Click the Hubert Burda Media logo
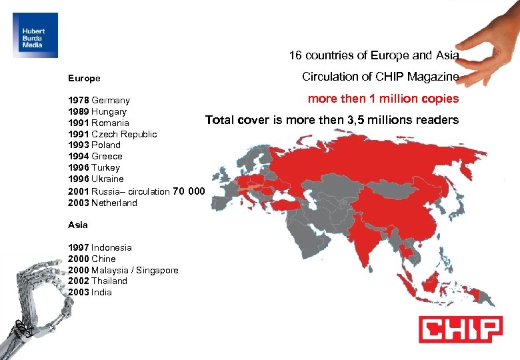pos(35,35)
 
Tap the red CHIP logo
pos(460,329)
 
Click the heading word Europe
pos(84,78)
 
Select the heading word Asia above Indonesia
pos(77,225)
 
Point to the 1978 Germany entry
pos(99,101)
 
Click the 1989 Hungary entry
pos(97,111)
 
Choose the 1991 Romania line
pos(99,123)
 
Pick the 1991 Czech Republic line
pos(113,134)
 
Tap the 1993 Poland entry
pos(94,145)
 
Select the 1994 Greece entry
pos(95,156)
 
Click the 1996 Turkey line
pos(94,167)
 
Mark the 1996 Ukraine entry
pos(96,179)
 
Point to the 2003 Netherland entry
pos(103,203)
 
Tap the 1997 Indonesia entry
pos(100,247)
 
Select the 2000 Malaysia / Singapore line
pos(123,270)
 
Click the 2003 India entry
pos(90,292)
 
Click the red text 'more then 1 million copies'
pos(383,99)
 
